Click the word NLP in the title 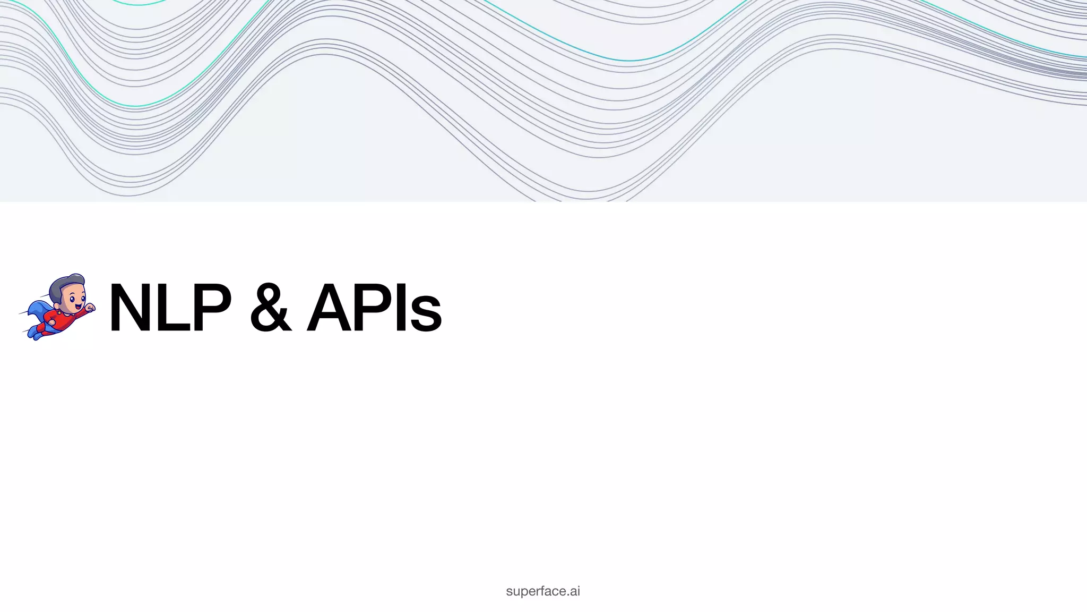170,308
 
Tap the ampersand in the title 271,308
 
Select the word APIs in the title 374,308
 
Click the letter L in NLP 171,308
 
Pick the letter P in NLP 210,308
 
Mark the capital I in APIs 402,308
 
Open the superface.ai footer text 543,591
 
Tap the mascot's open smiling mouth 78,307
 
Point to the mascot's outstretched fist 90,307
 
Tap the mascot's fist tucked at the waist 53,322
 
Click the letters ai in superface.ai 574,591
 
